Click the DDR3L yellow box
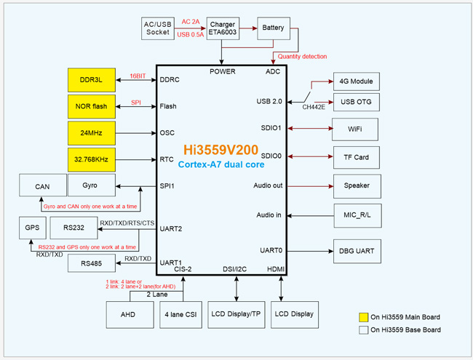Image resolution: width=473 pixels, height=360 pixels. (92, 79)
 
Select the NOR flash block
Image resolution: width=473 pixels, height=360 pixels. (92, 106)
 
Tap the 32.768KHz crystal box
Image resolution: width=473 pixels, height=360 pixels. (92, 159)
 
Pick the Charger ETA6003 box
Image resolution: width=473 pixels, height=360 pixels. (223, 28)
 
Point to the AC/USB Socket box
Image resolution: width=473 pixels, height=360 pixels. (158, 28)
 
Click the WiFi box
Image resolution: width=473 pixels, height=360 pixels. (357, 129)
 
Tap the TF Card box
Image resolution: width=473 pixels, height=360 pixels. (357, 157)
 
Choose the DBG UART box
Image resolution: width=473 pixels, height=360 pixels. (357, 252)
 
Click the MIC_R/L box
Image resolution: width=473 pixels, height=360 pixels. (357, 215)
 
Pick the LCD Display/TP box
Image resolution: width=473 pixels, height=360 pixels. (235, 314)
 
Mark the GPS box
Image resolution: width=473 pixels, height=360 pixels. (32, 228)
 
